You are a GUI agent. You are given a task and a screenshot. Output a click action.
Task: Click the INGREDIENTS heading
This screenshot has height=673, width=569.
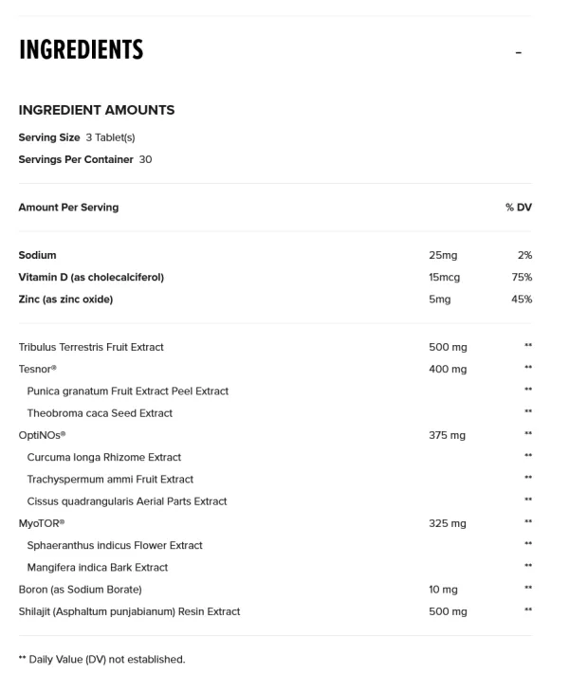[x=81, y=49]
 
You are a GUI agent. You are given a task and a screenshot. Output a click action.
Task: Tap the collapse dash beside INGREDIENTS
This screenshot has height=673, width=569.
[x=519, y=52]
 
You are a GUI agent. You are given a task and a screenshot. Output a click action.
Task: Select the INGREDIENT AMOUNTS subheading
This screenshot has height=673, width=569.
[x=97, y=110]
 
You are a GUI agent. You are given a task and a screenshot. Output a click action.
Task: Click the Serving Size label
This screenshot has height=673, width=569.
[x=49, y=137]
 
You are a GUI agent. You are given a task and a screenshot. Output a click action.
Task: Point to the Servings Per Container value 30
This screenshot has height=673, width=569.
[x=145, y=159]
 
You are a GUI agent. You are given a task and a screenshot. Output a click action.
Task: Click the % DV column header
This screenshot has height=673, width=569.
[x=518, y=207]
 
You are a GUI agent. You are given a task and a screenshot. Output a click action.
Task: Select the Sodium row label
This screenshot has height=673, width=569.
[x=38, y=255]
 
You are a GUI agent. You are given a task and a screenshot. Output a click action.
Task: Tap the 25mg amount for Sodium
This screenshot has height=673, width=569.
[x=443, y=255]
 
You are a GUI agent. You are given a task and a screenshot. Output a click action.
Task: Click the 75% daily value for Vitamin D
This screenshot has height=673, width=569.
[x=522, y=277]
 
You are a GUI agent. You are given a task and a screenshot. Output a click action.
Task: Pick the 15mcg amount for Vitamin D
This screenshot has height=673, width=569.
[x=444, y=277]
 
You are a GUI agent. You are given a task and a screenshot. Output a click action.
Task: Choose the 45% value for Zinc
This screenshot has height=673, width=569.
[x=522, y=300]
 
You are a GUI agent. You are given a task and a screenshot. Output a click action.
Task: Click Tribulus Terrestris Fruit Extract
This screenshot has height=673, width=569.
[x=91, y=347]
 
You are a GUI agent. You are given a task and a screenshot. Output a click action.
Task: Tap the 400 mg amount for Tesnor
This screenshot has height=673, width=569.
[x=448, y=369]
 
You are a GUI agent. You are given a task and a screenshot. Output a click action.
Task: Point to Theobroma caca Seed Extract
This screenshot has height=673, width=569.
[x=100, y=412]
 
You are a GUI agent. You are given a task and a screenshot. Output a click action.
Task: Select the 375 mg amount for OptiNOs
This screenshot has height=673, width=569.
[x=448, y=435]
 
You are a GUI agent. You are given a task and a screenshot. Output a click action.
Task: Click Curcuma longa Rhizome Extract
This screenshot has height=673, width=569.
[x=104, y=457]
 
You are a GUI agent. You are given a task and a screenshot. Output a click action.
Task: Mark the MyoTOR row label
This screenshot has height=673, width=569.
[x=42, y=523]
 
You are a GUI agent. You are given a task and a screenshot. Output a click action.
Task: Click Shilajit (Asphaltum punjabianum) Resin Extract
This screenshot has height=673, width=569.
[x=129, y=611]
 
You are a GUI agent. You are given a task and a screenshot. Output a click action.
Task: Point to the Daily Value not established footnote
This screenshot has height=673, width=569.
[x=102, y=659]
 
